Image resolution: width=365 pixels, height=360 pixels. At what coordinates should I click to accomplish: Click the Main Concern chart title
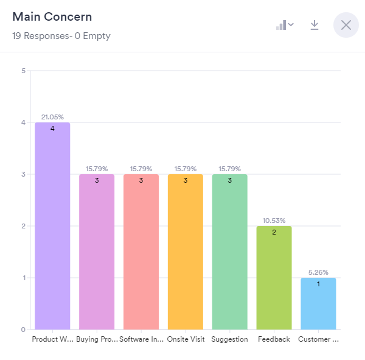pyautogui.click(x=52, y=17)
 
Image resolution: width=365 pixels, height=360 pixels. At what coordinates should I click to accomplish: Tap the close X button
pyautogui.click(x=346, y=25)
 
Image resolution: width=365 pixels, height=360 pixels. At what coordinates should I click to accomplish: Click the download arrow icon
pyautogui.click(x=315, y=25)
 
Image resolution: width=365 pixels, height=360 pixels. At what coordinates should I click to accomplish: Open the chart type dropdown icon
pyautogui.click(x=285, y=25)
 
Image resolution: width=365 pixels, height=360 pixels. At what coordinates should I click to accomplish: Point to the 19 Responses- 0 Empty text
pyautogui.click(x=61, y=36)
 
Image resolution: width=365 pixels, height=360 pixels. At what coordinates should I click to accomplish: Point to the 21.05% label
pyautogui.click(x=52, y=116)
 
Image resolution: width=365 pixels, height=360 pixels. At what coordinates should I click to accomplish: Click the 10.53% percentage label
pyautogui.click(x=274, y=221)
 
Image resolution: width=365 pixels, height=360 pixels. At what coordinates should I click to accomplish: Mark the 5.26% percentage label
pyautogui.click(x=318, y=272)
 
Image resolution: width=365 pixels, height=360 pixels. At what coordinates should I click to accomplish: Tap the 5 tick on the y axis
pyautogui.click(x=23, y=71)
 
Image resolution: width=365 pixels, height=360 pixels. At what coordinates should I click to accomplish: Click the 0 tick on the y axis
pyautogui.click(x=23, y=330)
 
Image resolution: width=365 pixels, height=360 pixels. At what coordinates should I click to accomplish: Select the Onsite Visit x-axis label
pyautogui.click(x=186, y=339)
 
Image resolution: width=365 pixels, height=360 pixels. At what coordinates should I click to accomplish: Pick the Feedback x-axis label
pyautogui.click(x=274, y=339)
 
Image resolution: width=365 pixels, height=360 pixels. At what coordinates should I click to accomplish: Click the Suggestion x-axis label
pyautogui.click(x=230, y=339)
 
